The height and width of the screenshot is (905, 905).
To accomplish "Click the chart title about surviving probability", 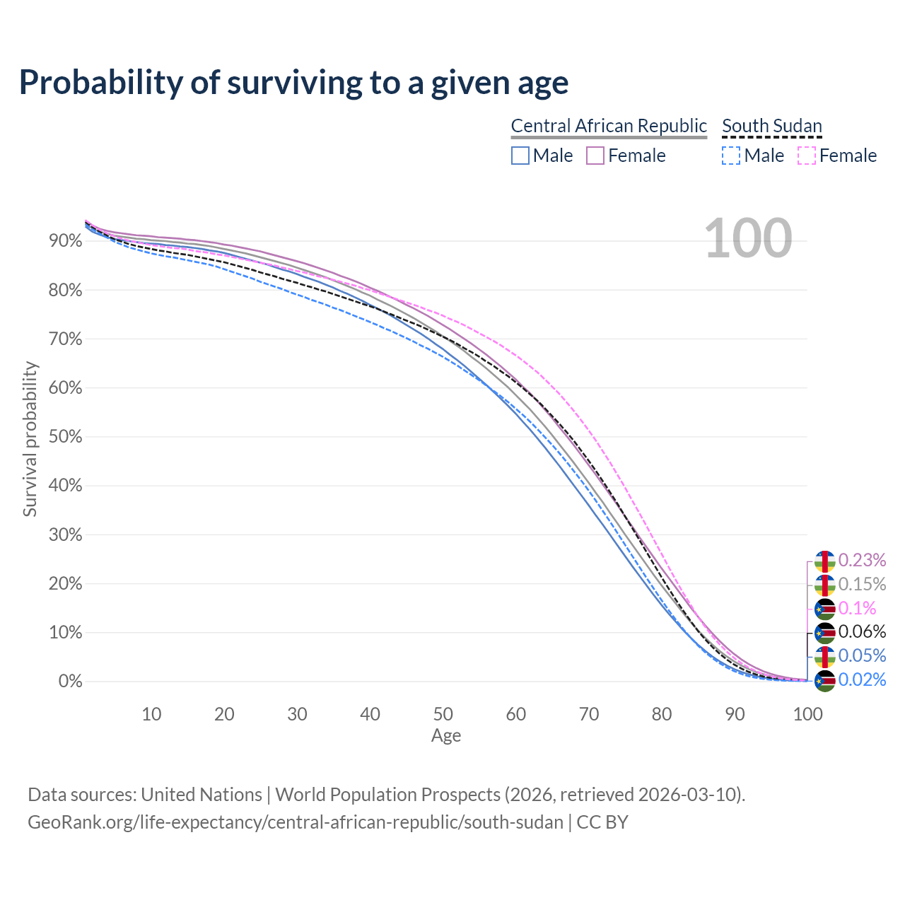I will coord(293,83).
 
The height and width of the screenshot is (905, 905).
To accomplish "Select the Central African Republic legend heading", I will coord(609,126).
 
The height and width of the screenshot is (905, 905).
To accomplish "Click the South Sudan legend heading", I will coord(772,126).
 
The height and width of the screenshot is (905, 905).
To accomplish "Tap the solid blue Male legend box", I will coord(520,156).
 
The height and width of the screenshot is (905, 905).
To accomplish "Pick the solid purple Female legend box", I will coord(595,156).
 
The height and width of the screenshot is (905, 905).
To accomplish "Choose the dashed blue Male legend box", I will coord(731,156).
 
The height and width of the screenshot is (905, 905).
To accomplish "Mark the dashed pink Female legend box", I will coord(806,156).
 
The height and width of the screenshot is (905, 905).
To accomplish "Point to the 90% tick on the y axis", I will coord(66,241).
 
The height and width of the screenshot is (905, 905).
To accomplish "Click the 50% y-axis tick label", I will coord(66,437).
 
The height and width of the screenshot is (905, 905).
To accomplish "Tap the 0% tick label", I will coord(70,682).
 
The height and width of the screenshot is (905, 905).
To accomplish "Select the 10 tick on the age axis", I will coord(151,714).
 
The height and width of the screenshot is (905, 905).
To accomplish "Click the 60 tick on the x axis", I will coord(516,714).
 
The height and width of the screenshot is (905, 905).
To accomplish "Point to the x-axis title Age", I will coord(446,736).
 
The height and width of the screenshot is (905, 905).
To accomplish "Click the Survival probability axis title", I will coord(30,439).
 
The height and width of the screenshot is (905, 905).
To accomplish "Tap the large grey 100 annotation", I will coord(748,238).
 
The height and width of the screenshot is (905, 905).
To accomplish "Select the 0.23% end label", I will coord(862,560).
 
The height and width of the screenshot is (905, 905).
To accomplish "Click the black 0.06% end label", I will coord(862,631).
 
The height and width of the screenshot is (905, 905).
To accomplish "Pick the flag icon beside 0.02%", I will coord(825,680).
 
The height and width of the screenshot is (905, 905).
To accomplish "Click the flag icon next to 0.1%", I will coord(825,608).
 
